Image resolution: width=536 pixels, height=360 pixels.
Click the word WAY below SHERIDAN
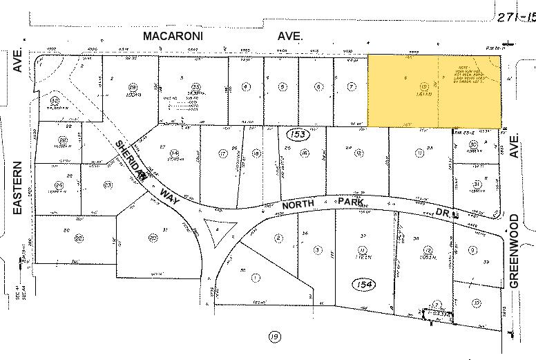tap(164, 189)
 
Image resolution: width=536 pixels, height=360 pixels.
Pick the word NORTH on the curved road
tap(298, 205)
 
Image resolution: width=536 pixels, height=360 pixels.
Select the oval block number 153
tap(298, 133)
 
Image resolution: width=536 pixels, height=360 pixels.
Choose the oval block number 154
tap(362, 284)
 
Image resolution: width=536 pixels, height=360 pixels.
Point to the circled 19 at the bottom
tap(275, 337)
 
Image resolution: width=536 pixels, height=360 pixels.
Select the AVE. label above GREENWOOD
tap(514, 147)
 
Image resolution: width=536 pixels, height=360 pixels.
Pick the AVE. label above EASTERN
tap(18, 62)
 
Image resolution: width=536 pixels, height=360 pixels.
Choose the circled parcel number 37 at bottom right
tap(476, 303)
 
